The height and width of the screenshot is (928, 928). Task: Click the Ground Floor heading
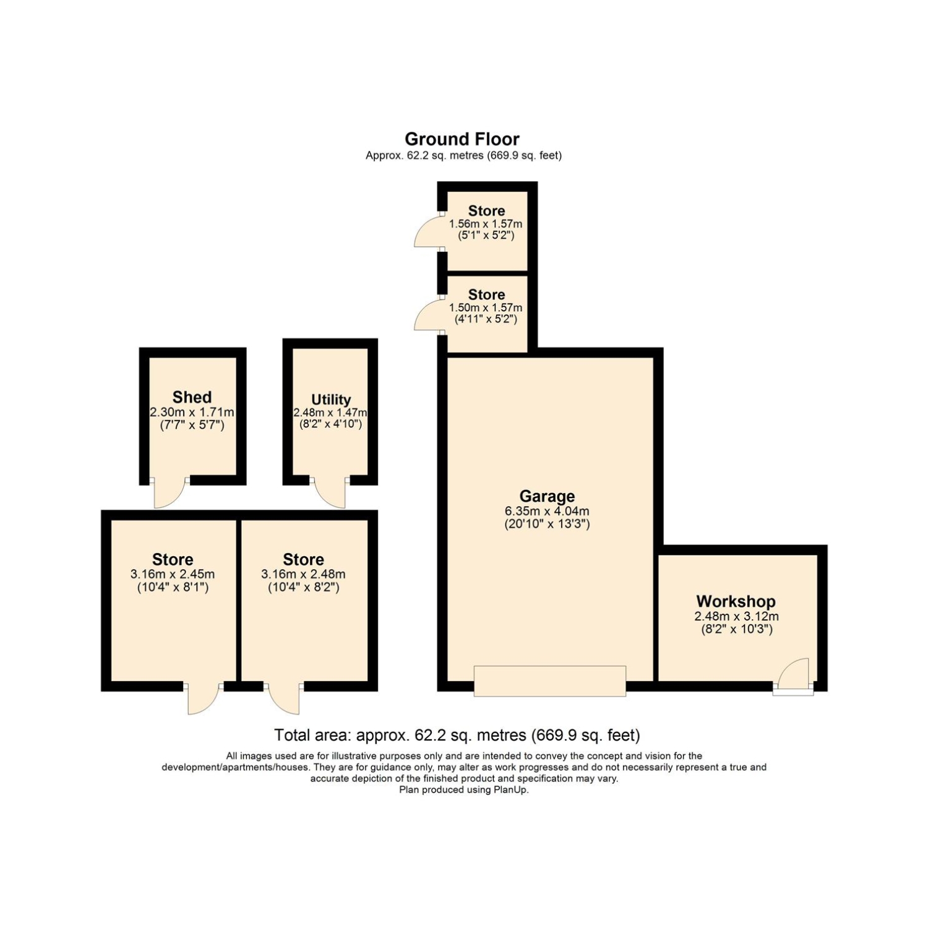tap(462, 139)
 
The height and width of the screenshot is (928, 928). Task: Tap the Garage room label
tap(547, 496)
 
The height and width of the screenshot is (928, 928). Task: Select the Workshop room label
tap(736, 601)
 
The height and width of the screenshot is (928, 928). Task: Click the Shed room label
tap(192, 397)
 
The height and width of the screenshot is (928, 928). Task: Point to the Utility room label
tap(331, 400)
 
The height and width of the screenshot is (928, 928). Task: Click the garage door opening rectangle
tap(550, 681)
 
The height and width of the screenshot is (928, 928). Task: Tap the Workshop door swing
tap(793, 672)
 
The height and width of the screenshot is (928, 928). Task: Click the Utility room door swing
tap(330, 492)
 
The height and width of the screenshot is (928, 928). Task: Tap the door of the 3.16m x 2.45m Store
tap(204, 699)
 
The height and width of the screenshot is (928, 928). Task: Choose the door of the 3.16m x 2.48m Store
tap(284, 699)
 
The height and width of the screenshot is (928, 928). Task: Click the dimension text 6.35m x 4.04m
tap(547, 512)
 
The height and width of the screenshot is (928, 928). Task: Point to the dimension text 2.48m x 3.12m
tap(736, 617)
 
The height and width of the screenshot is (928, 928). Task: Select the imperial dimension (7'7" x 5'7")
tap(192, 425)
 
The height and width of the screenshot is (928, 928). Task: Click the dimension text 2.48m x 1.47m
tap(330, 413)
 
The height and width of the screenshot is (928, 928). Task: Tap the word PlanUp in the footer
tap(511, 790)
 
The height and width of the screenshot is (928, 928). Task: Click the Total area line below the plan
tap(457, 736)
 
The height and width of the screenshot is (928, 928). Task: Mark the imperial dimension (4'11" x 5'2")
tap(487, 319)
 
